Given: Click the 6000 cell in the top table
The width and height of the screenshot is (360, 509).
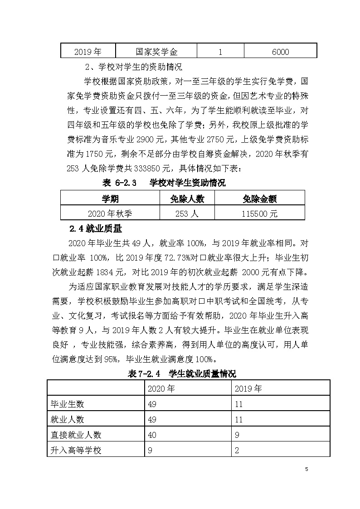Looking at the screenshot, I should click(x=280, y=52).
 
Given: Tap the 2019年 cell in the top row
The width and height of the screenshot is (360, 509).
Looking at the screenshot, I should click(x=88, y=52).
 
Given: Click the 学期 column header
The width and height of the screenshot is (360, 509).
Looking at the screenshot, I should click(x=110, y=199).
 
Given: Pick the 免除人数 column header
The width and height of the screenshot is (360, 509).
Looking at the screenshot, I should click(x=187, y=199).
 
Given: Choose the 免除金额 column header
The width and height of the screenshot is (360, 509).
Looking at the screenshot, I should click(x=260, y=199).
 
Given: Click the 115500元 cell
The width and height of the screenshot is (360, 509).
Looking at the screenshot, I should click(x=260, y=213).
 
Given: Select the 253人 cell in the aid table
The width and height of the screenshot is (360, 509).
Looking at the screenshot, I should click(x=187, y=213).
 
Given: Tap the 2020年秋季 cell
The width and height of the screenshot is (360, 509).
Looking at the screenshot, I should click(x=110, y=213).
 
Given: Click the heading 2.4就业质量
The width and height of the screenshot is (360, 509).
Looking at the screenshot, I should click(x=95, y=228).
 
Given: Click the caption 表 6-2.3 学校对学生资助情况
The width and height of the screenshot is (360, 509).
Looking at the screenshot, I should click(x=164, y=183).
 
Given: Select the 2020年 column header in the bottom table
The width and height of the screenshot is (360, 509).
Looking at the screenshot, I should click(x=161, y=388).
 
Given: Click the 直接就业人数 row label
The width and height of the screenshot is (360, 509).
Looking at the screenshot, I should click(x=76, y=435).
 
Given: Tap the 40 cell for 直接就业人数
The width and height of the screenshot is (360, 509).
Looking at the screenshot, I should click(x=153, y=435).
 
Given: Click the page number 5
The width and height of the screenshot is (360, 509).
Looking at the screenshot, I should click(x=306, y=469).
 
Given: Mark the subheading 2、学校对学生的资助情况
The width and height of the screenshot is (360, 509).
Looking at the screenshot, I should click(x=134, y=68).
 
